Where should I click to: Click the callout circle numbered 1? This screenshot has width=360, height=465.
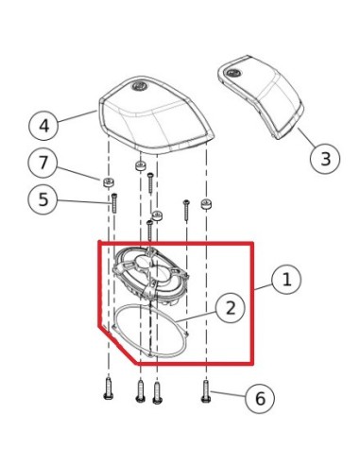click(287, 280)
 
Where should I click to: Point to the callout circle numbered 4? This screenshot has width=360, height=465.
click(43, 124)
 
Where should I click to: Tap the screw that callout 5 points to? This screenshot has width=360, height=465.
click(113, 202)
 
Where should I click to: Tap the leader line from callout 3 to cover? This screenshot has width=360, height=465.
click(304, 136)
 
